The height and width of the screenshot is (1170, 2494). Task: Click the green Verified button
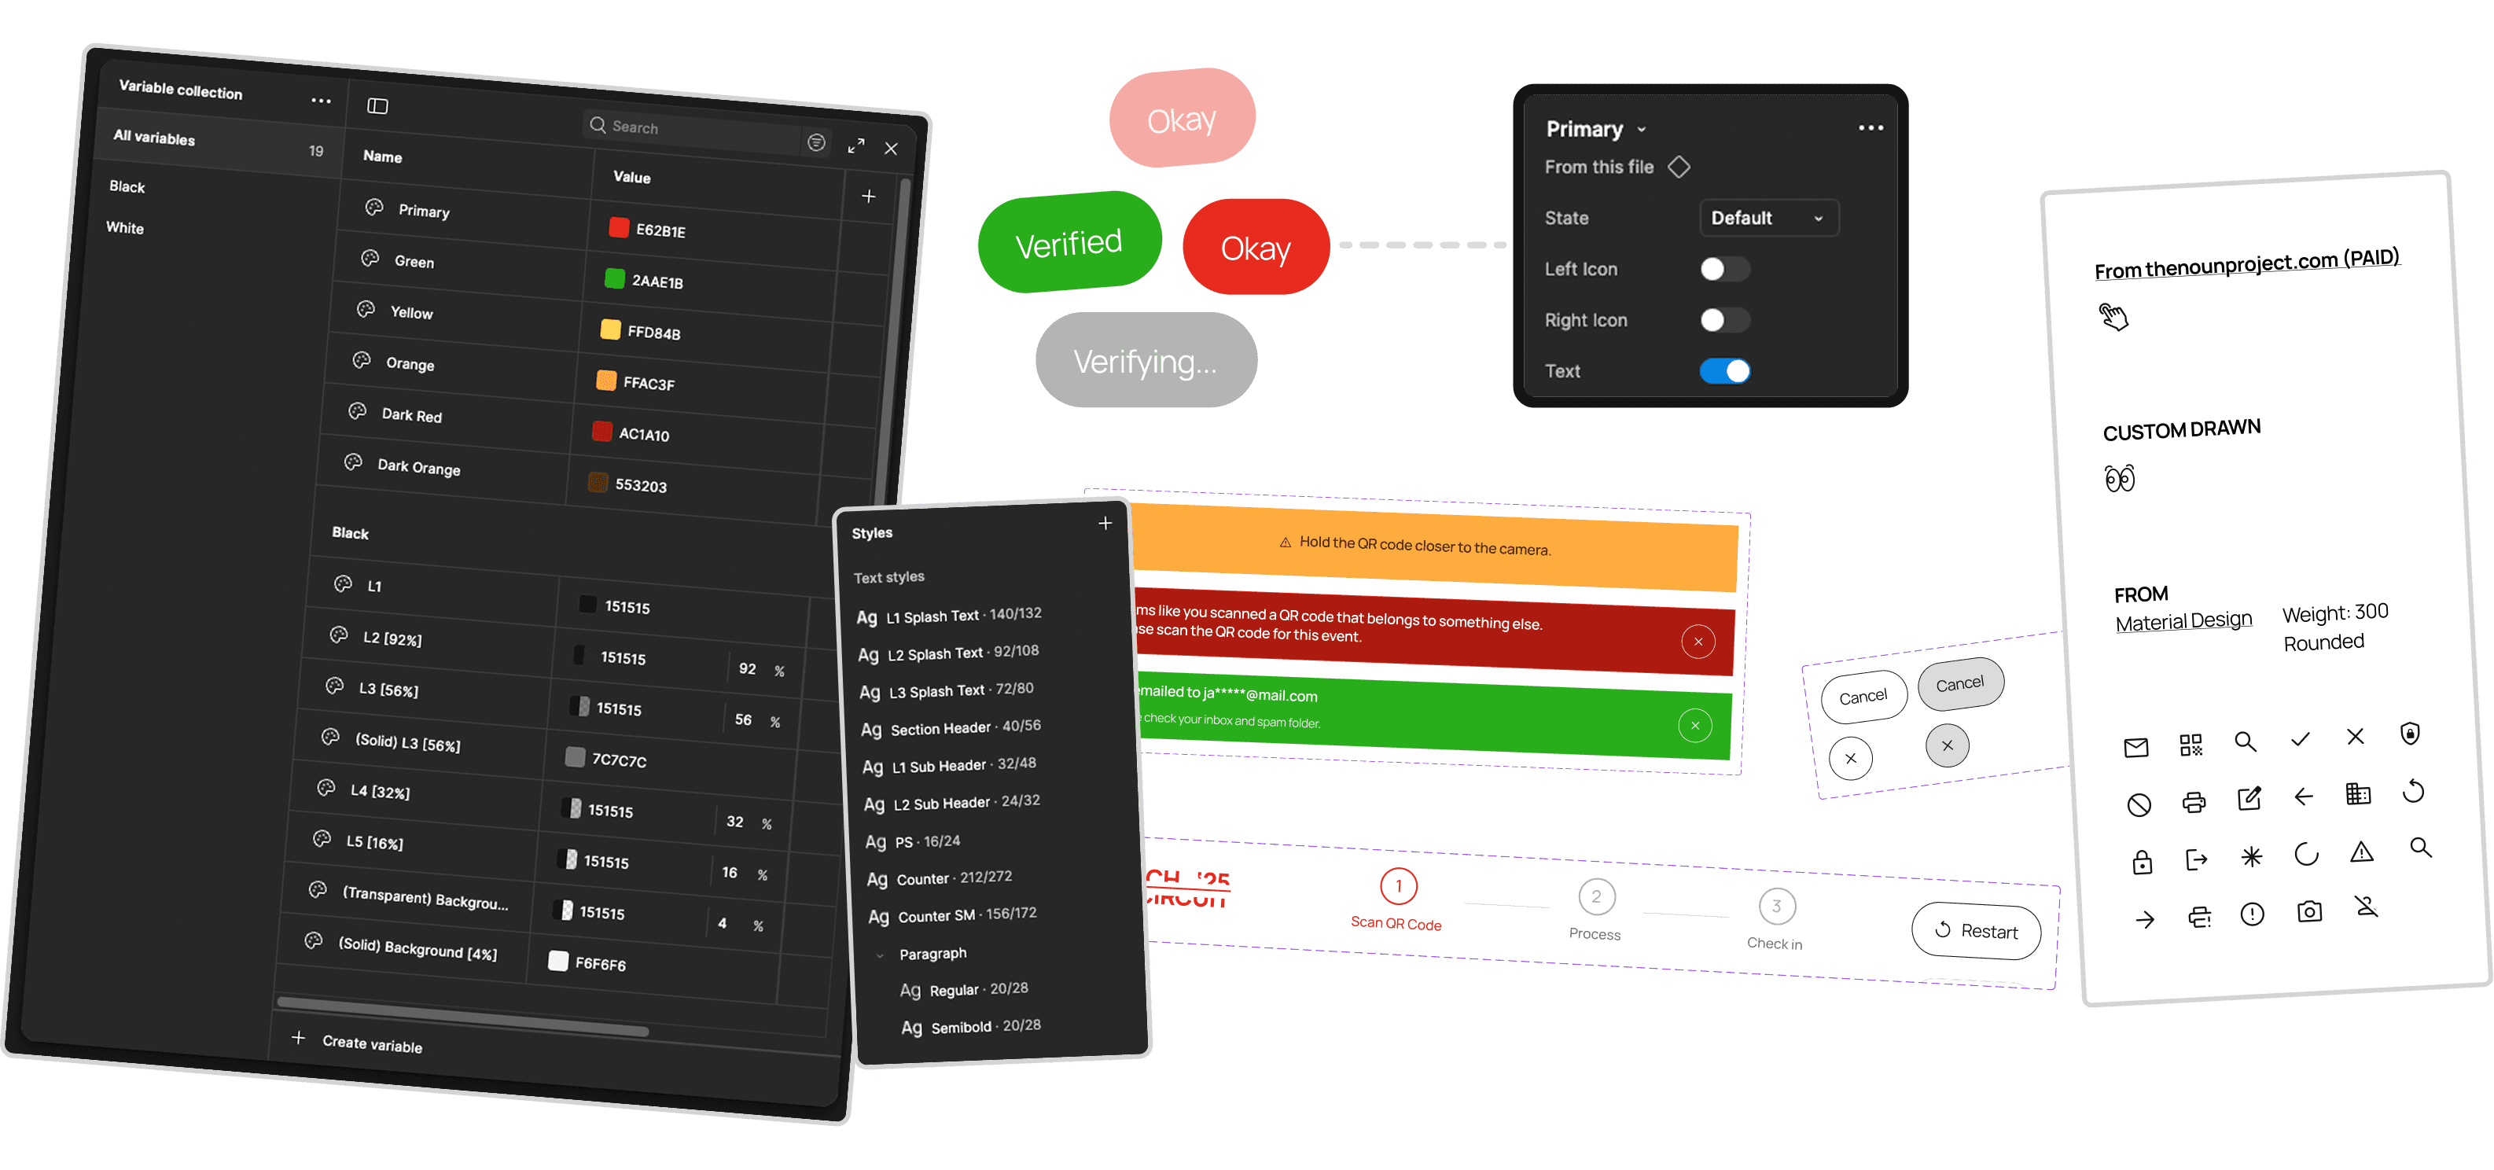point(1069,242)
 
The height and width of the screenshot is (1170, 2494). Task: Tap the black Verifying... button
point(1146,361)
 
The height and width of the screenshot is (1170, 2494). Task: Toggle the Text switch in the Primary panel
point(1724,371)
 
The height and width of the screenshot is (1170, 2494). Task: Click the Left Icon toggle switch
point(1724,269)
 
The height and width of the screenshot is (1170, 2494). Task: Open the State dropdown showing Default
point(1768,218)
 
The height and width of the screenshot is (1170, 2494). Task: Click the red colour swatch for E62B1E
point(619,227)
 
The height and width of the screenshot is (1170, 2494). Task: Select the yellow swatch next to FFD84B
point(610,329)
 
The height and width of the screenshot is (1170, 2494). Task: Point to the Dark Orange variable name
point(418,467)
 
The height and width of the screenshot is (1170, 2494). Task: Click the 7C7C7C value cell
point(619,760)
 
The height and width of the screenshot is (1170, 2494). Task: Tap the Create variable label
point(372,1044)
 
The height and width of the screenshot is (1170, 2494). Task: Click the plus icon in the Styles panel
point(1105,524)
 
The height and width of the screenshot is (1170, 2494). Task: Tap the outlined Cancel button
point(1863,697)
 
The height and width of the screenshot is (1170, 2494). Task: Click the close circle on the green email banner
point(1694,726)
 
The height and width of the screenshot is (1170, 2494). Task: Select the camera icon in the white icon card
point(2309,912)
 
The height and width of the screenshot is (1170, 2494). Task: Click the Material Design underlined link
point(2183,622)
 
